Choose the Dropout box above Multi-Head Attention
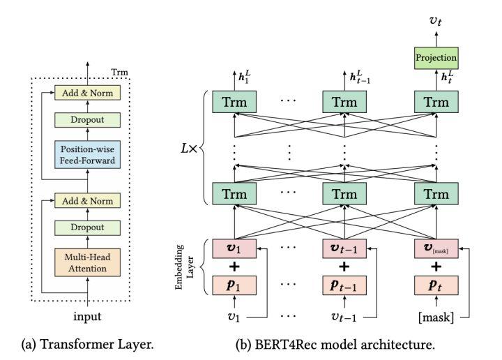pyautogui.click(x=89, y=227)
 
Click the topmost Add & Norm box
pyautogui.click(x=89, y=92)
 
